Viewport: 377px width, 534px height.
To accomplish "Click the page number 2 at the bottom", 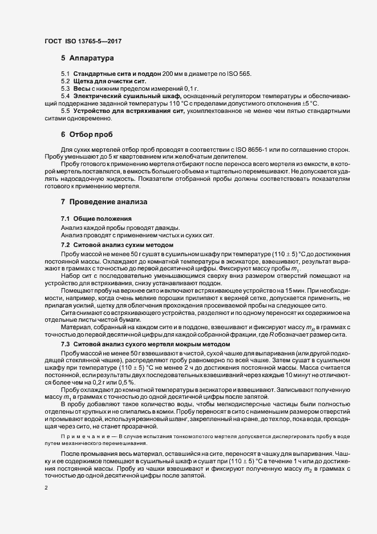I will click(x=46, y=488).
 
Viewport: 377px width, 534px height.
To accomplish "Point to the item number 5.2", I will click(x=66, y=82).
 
